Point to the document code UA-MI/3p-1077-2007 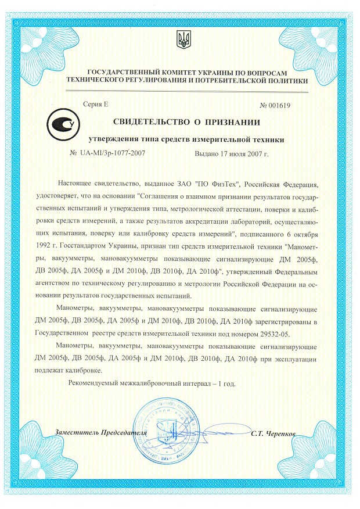[111, 154]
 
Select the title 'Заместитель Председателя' [100, 433]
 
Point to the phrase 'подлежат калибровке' [68, 370]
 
